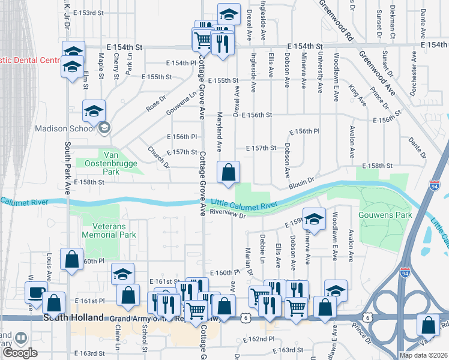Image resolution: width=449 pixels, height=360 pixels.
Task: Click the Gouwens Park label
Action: pyautogui.click(x=385, y=214)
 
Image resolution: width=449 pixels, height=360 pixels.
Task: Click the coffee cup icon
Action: pyautogui.click(x=36, y=293)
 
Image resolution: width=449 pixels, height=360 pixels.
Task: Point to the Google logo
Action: pyautogui.click(x=20, y=352)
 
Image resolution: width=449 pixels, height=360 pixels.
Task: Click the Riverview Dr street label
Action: pyautogui.click(x=229, y=215)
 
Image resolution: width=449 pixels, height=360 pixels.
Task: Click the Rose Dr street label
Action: pyautogui.click(x=155, y=103)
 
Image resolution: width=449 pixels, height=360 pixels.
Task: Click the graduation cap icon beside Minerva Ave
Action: pyautogui.click(x=313, y=220)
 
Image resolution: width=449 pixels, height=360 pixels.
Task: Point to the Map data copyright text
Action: pyautogui.click(x=422, y=355)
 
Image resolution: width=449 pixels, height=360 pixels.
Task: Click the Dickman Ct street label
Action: pyautogui.click(x=392, y=23)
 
